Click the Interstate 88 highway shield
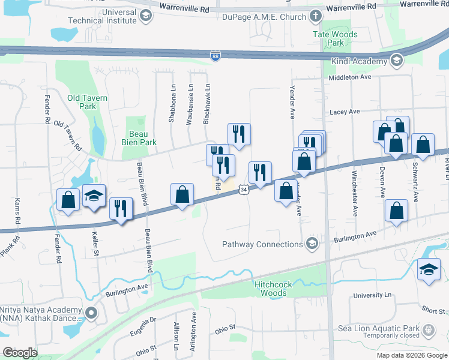click(215, 56)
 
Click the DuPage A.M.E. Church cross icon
click(316, 17)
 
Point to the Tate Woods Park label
click(335, 38)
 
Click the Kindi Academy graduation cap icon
click(396, 61)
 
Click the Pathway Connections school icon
click(311, 244)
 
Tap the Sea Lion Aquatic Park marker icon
click(428, 329)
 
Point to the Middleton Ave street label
click(350, 77)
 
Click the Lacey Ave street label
click(345, 112)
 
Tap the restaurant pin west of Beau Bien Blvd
click(121, 208)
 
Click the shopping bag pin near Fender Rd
click(68, 200)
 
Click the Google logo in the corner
click(20, 352)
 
